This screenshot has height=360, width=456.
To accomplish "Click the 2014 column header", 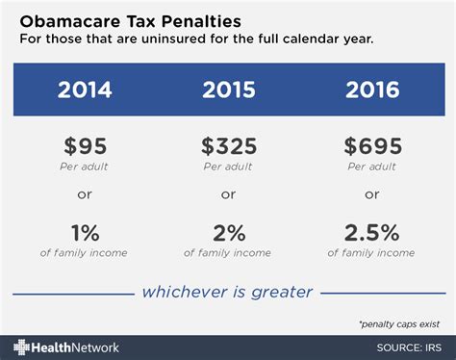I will [85, 91].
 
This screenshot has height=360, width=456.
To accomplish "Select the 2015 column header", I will [228, 91].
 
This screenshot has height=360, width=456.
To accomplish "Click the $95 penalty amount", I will [85, 147].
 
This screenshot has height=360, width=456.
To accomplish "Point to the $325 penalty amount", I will [228, 147].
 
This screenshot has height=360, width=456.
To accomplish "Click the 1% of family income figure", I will [85, 232].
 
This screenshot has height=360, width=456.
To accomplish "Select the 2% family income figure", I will [228, 232].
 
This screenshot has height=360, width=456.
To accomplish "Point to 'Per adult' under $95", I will [85, 167].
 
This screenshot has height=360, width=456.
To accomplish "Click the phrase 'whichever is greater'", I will [228, 291].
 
